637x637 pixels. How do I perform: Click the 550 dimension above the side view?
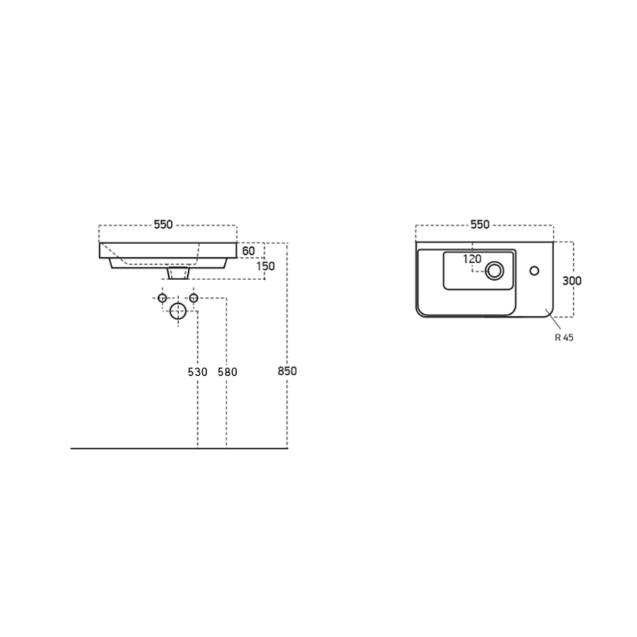163,225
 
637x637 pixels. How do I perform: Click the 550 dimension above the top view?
480,225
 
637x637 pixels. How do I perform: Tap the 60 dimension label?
248,251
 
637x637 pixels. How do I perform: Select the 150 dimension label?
266,266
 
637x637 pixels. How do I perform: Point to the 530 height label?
197,372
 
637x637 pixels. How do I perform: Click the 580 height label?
227,372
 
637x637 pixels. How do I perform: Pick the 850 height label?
287,371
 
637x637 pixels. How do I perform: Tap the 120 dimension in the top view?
472,259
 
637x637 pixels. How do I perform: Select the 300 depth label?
572,281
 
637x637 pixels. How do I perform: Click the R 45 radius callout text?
564,337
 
